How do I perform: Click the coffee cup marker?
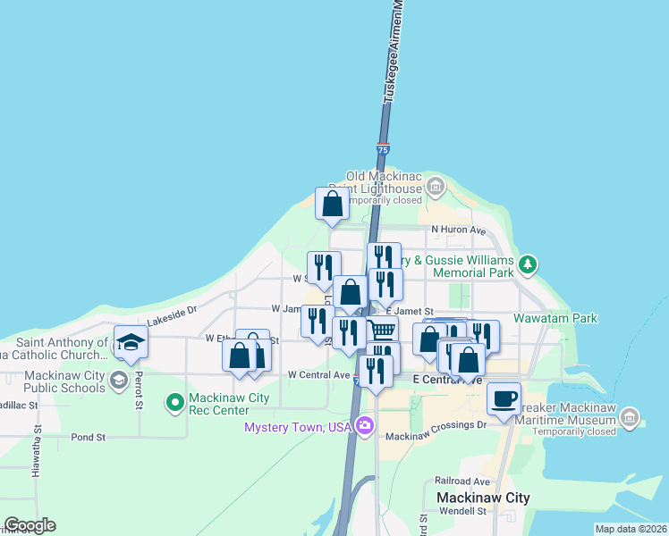pos(504,398)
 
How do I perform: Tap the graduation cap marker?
pos(131,343)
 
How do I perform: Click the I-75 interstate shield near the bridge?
pos(383,150)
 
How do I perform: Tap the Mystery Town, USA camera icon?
pos(364,426)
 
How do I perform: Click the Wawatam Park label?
pos(555,318)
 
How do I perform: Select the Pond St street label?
pos(88,438)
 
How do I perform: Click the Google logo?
pos(30,525)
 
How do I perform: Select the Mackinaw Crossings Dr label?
pos(436,437)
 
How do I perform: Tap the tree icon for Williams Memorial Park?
pos(528,264)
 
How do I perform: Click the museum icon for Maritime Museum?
pos(631,417)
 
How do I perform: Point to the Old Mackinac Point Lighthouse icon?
pos(436,187)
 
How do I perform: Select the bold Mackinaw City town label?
pos(483,498)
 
